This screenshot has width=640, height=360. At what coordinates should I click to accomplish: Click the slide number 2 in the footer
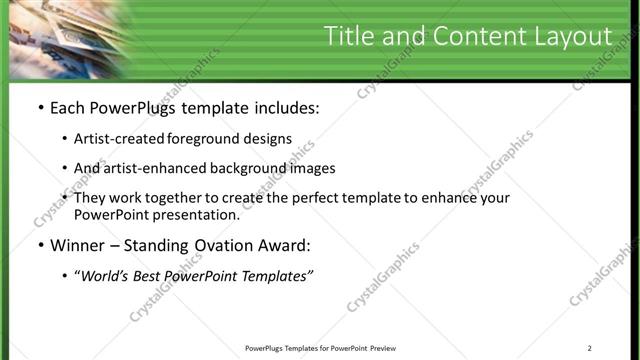click(x=590, y=348)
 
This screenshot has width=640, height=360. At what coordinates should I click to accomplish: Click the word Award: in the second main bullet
click(x=282, y=245)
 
